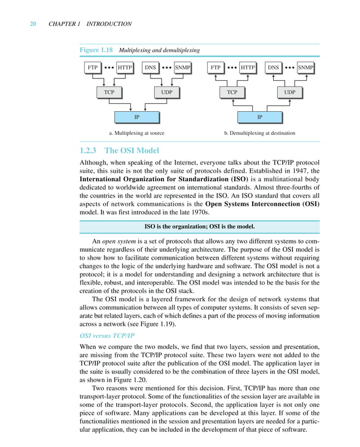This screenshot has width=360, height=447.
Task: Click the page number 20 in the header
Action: pos(33,24)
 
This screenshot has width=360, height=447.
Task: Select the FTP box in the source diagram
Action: pos(92,68)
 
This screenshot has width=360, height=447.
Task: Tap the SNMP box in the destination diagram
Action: pos(305,68)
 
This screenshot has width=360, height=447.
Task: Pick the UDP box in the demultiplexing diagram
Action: pos(289,92)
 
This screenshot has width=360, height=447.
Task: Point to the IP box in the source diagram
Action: pos(137,117)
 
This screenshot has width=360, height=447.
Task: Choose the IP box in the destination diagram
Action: pos(260,117)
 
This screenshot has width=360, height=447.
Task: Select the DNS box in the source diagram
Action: pos(150,68)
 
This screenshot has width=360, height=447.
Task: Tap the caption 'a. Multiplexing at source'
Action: pos(137,134)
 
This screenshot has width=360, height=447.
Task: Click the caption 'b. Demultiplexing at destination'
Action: pos(260,134)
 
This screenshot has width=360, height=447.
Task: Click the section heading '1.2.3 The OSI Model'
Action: pos(120,151)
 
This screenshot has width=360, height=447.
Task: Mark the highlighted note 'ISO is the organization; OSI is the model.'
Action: pos(199,227)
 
